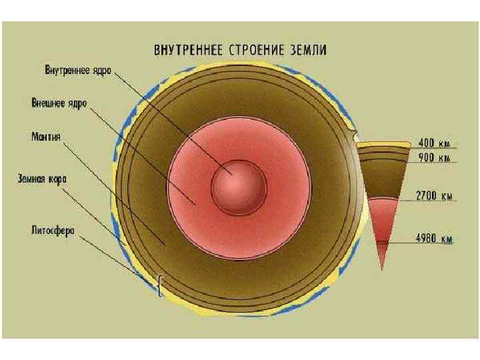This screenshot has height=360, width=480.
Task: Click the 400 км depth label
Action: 434,142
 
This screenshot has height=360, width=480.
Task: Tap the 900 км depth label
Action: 434,158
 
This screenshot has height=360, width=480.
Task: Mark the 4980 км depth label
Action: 435,239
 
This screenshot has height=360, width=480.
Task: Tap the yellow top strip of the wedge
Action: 383,143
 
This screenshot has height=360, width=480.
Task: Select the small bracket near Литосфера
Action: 160,285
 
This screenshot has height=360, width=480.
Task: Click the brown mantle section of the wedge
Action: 382,177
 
